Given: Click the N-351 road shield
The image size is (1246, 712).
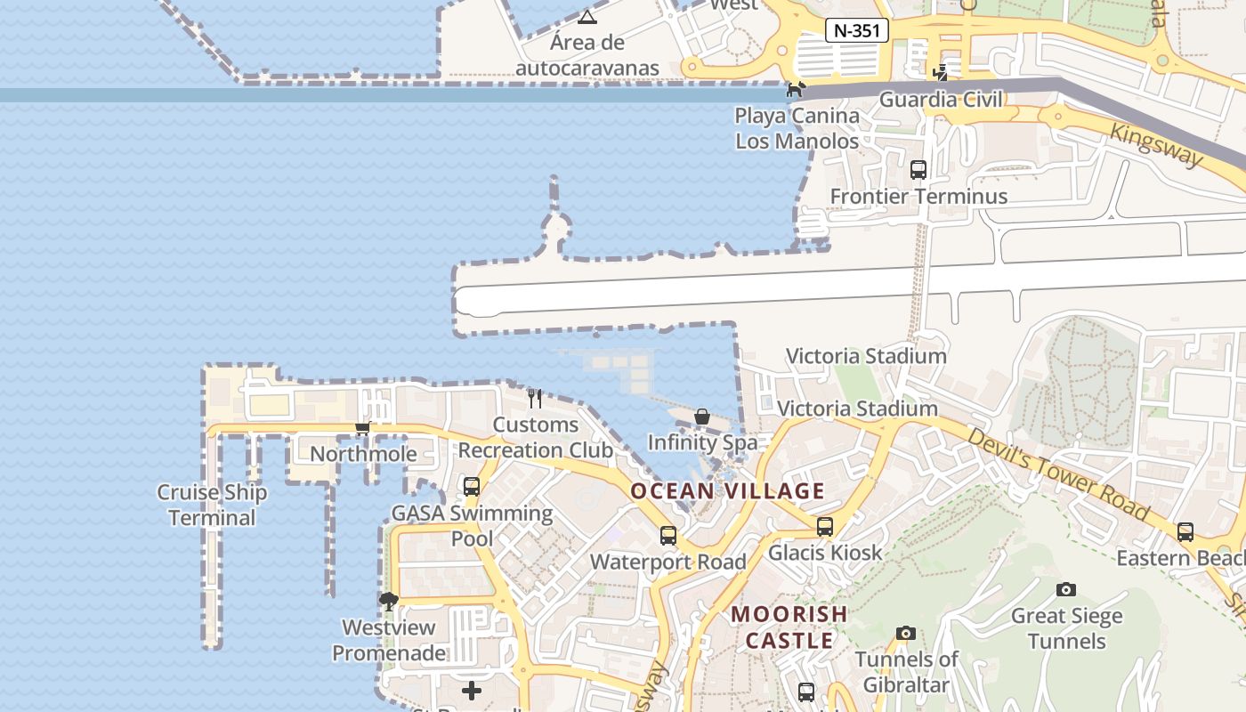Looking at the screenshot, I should click(857, 30).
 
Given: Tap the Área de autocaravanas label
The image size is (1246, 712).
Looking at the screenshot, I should click(587, 55).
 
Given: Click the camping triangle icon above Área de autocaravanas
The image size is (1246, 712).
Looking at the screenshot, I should click(587, 16).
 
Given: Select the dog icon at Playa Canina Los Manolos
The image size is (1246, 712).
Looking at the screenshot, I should click(796, 89).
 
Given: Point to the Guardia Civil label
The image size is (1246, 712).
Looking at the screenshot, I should click(941, 99).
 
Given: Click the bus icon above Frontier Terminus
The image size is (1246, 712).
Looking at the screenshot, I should click(918, 169).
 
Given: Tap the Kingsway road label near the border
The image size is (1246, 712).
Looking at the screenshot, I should click(1156, 143).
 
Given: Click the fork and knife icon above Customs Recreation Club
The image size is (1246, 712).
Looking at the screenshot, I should click(535, 398).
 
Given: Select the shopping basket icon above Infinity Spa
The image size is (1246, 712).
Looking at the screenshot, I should click(702, 417).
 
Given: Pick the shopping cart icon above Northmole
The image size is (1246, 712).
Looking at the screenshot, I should click(362, 429).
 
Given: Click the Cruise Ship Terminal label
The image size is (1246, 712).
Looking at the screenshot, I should click(212, 505).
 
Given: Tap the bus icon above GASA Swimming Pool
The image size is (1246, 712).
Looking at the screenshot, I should click(472, 487).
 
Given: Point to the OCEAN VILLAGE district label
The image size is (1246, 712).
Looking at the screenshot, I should click(728, 490).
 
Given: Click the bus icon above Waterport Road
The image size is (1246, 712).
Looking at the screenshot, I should click(668, 536).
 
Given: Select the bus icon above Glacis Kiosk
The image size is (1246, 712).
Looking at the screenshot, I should click(825, 527).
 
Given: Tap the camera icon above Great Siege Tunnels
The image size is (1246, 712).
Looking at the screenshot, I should click(1066, 589).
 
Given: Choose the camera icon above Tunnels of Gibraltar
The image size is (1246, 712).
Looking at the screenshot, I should click(906, 634).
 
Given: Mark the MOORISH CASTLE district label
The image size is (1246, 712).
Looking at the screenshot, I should click(789, 627).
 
